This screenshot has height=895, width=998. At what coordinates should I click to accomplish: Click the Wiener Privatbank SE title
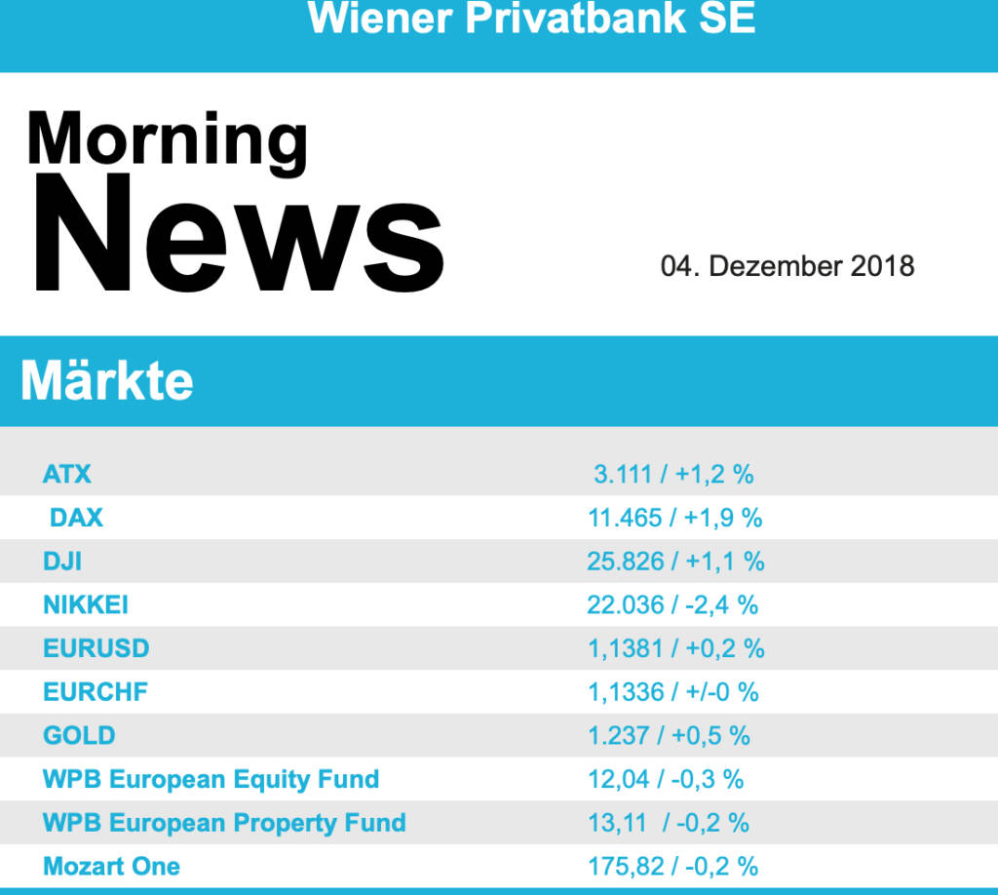coord(531,19)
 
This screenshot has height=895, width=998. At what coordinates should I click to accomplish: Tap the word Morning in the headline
coord(168,138)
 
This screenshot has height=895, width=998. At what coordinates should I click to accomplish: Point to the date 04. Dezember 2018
coord(787,266)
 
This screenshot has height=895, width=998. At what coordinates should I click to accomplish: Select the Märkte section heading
coord(107,381)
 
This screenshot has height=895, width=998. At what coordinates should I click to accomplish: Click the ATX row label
coord(67,475)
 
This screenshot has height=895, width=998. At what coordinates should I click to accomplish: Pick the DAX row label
coord(76,518)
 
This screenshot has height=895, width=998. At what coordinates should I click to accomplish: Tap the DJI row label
coord(62,562)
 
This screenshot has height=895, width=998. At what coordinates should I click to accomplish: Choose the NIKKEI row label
coord(86,605)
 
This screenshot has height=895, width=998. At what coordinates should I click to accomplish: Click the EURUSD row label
coord(96,648)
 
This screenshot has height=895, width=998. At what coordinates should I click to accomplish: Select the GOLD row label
coord(79,735)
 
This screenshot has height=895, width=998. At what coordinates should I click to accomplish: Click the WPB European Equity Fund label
coord(211,779)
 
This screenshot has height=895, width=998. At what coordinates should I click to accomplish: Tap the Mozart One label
coord(111,866)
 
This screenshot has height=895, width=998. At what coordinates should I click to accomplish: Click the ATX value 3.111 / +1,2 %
coord(673,475)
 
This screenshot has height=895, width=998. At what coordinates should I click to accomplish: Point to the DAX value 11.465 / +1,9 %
coord(674,518)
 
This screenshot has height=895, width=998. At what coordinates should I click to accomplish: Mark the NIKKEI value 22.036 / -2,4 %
coord(672,605)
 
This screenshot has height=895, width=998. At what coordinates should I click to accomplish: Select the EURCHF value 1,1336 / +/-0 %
coord(672,692)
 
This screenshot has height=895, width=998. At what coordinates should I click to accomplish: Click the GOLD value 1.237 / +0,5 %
coord(669,735)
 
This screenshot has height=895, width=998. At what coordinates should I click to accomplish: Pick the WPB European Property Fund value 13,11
coord(618,823)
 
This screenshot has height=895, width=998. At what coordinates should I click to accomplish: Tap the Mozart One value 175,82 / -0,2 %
coord(672,866)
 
